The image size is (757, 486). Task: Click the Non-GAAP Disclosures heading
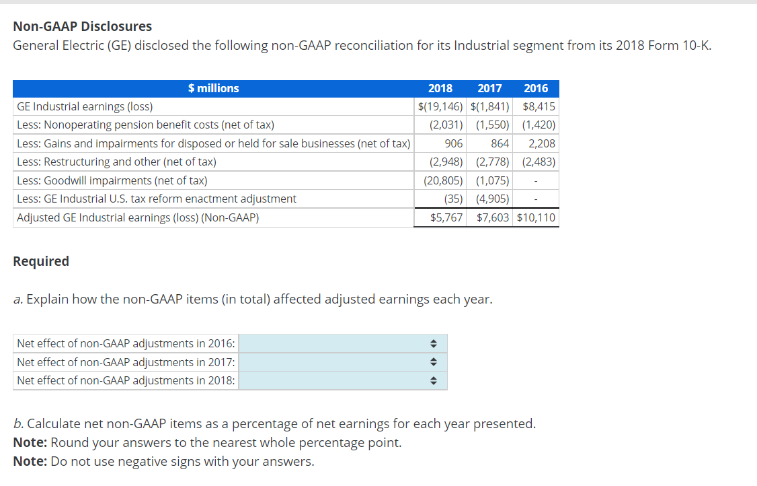[x=82, y=26]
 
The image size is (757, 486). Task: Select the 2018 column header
[x=440, y=88]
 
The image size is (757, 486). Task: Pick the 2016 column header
[x=536, y=88]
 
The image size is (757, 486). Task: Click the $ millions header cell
[x=213, y=88]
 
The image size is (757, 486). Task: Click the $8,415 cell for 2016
[x=539, y=106]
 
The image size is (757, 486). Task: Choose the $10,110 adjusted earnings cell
[x=536, y=218]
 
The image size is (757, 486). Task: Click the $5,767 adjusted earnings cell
[x=446, y=218]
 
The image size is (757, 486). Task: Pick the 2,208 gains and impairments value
[x=542, y=143]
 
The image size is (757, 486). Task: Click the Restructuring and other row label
[x=116, y=162]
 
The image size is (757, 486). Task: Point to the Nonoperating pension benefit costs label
[x=145, y=125]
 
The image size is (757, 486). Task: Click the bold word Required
[x=41, y=261]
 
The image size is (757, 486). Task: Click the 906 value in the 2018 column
[x=453, y=143]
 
